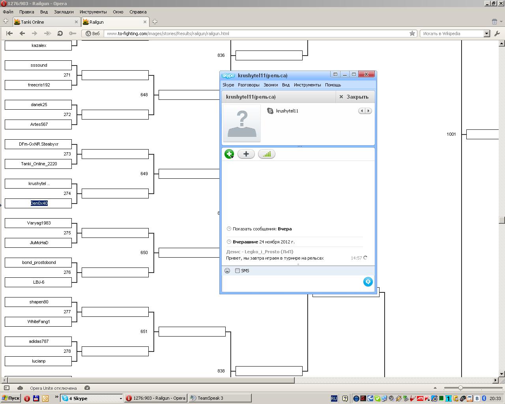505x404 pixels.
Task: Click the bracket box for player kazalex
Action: pos(38,45)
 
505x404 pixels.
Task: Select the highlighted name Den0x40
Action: pos(39,203)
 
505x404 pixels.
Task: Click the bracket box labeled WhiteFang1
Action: pos(38,322)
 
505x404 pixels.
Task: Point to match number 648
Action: pos(144,95)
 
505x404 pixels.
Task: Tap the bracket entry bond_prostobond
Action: pos(38,262)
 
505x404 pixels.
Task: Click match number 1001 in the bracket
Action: pos(451,134)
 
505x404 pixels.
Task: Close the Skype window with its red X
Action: pos(366,74)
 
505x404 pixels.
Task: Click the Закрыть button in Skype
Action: pos(354,97)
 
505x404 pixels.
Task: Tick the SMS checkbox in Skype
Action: pos(238,271)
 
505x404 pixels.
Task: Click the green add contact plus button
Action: pos(229,154)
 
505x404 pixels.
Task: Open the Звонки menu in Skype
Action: pos(271,85)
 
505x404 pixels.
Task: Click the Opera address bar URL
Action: pos(168,34)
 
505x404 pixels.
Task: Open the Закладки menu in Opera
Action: pos(64,12)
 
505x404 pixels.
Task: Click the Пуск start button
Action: pos(11,398)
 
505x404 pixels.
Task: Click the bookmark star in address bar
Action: pos(412,34)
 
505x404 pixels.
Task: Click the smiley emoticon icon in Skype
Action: pos(227,271)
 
